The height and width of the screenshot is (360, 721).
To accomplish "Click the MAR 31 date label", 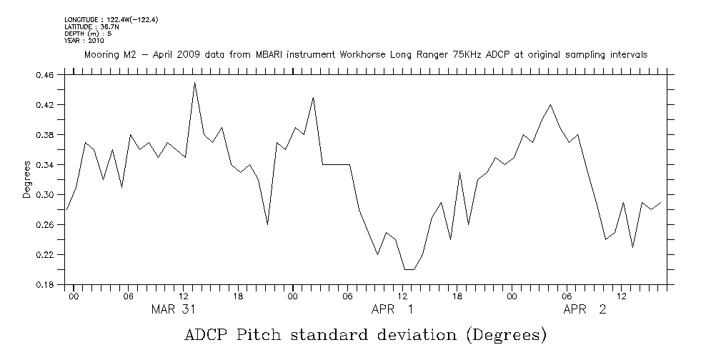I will [174, 309].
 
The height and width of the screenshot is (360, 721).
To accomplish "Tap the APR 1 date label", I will [392, 309].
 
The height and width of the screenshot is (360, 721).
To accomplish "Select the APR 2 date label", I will [585, 309].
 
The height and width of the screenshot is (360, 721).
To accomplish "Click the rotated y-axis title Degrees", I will [27, 180].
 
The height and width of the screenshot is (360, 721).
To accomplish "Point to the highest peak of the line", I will [194, 83].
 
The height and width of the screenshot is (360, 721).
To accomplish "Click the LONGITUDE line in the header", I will [111, 19].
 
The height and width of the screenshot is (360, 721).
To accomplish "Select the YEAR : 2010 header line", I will [84, 41].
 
